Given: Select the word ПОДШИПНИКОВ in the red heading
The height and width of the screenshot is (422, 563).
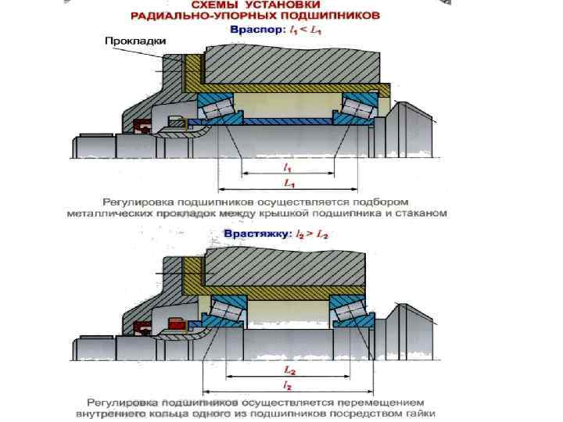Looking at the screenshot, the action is click(338, 15).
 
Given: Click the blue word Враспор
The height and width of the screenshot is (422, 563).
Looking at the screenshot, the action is click(252, 30).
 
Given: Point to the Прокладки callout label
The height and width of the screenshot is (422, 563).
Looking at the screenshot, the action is click(131, 42).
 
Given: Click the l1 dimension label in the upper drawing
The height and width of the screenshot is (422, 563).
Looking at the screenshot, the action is click(288, 167).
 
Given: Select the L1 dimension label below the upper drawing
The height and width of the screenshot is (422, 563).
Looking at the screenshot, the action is click(288, 183).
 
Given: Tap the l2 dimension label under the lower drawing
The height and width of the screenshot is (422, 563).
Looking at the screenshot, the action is click(289, 385).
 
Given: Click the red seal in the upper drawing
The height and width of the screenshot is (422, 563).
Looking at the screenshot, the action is click(142, 125).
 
